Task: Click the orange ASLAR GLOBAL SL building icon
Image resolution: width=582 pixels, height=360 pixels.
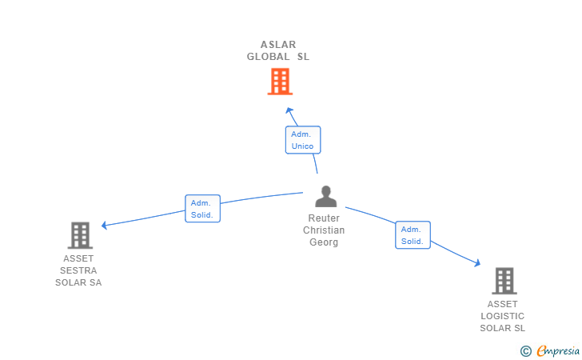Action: pos(280,82)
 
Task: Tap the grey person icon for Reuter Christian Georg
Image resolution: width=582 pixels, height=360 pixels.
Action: pos(325,197)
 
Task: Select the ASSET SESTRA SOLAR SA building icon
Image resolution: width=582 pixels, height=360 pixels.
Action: pos(80,235)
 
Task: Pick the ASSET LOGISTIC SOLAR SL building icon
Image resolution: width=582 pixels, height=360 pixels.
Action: pos(504,281)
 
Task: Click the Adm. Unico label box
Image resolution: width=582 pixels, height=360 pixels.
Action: pos(302,140)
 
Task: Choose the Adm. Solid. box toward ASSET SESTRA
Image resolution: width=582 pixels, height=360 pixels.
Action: pos(202,209)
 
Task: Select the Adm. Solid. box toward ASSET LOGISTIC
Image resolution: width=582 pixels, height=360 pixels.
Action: pos(413,235)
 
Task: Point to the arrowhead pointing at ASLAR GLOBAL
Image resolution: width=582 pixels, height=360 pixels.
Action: pos(289,110)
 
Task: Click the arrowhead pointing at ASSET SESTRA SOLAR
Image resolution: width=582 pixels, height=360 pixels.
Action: pos(105,225)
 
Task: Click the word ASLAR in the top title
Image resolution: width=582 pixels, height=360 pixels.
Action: pos(278,45)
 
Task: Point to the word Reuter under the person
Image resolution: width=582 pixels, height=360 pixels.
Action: pos(324,218)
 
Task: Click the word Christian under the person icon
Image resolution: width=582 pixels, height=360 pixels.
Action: pos(324,230)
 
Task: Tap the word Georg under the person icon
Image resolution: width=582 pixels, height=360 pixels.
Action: pos(324,242)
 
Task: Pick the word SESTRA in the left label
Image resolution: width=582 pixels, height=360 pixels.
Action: pos(78,270)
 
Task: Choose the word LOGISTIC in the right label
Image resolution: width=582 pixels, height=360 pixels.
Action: pos(503,316)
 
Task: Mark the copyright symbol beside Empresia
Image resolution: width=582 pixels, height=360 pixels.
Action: pos(525,350)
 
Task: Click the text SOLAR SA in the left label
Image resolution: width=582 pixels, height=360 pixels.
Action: pos(78,282)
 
